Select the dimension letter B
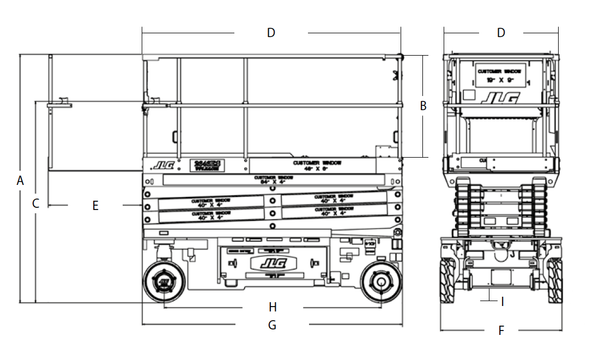[x=423, y=106]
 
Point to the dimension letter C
[x=36, y=204]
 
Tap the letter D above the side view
[x=271, y=33]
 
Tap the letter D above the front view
[x=501, y=33]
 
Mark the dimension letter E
[x=95, y=206]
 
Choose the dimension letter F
[x=501, y=330]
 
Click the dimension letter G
[x=272, y=326]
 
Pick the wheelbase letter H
[x=273, y=307]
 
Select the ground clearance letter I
[x=503, y=301]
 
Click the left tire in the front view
[x=448, y=280]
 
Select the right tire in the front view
[x=555, y=280]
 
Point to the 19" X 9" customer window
[x=500, y=75]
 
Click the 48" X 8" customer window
[x=317, y=165]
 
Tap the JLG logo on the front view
[x=500, y=98]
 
